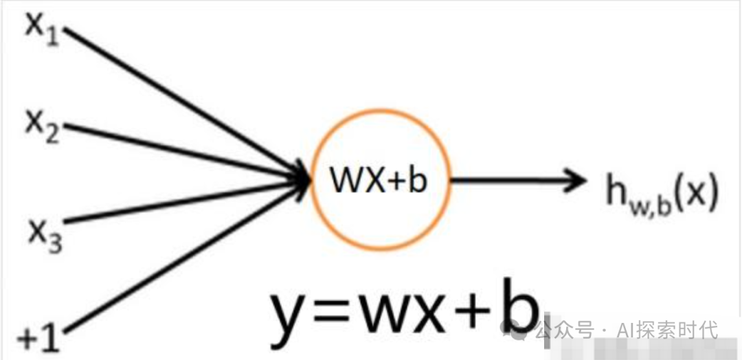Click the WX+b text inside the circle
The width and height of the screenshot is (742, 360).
378,181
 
